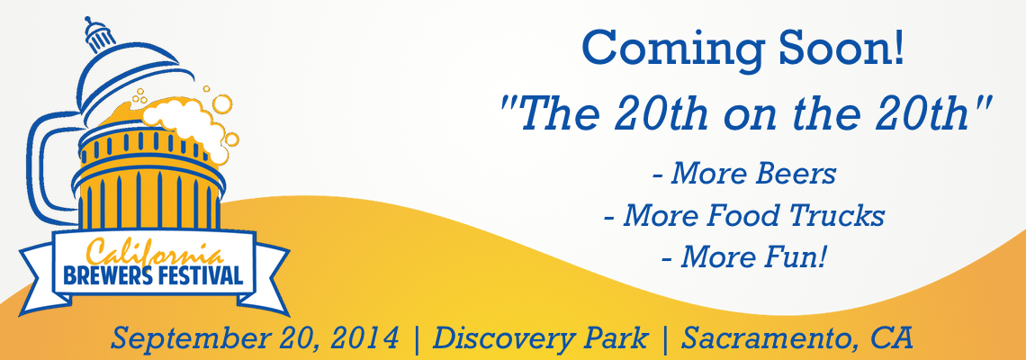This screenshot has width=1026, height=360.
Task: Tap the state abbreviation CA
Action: [x=892, y=338]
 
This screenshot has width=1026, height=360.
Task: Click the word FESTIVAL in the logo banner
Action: [x=198, y=274]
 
